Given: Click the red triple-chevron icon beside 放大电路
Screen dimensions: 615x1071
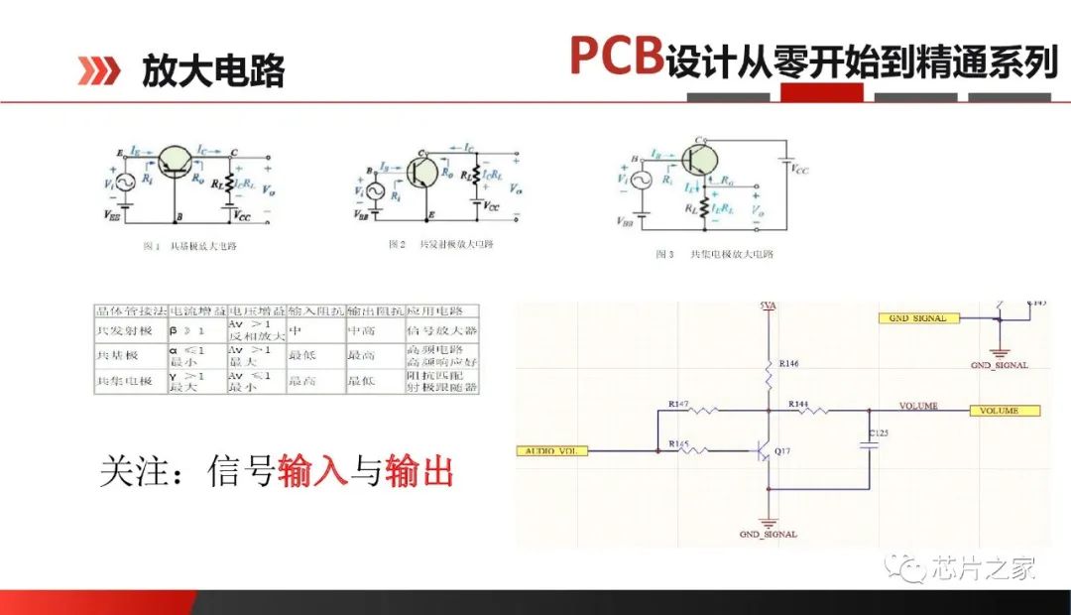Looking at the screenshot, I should pos(99,70).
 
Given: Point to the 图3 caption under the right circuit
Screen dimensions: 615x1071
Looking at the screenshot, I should pos(714,255).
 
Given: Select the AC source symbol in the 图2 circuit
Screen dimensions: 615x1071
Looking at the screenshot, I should pos(375,192).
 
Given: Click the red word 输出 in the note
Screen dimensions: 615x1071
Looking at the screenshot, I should pos(418,471).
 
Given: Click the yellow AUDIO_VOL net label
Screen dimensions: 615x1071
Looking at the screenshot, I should pos(552,451).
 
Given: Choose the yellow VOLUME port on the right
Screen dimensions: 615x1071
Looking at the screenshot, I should pos(1004,411).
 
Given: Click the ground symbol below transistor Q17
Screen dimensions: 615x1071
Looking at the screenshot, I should pos(769,521).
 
